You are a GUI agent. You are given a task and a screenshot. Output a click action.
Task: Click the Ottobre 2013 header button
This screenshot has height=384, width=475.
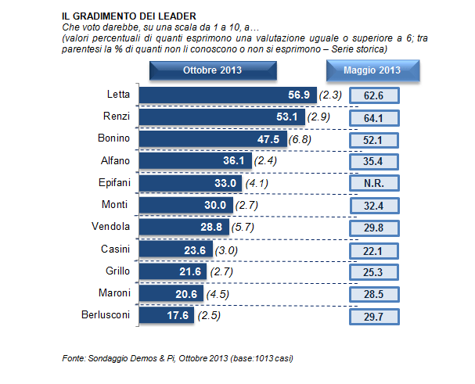tap(212, 70)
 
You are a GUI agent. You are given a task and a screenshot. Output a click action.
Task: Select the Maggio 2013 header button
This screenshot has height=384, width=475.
tap(372, 70)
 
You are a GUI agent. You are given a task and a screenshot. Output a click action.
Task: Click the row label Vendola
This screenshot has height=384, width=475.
tap(111, 227)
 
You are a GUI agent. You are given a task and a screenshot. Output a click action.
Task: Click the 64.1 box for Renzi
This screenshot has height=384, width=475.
tap(372, 117)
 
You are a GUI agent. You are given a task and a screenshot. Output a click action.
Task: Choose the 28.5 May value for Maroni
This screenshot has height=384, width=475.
tap(372, 293)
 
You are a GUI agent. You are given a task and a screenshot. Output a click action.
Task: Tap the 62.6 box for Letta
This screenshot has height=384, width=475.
tap(372, 95)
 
